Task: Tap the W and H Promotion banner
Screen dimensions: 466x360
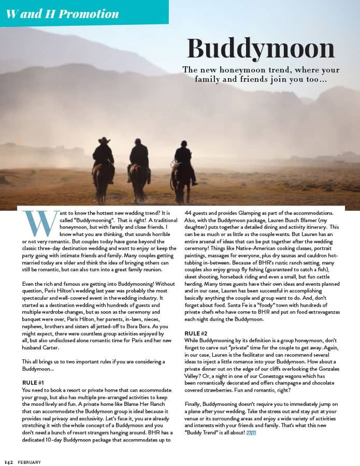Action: (x=63, y=13)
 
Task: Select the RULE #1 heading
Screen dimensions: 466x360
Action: (x=34, y=383)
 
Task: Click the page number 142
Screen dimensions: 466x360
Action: (x=8, y=461)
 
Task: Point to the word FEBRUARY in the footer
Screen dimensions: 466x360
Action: (x=29, y=462)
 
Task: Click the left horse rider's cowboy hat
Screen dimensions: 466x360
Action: (x=104, y=140)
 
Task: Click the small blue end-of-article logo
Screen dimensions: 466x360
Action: (x=251, y=432)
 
